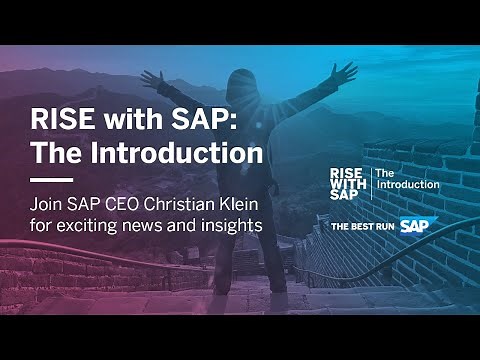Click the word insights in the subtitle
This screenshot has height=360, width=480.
coord(231,226)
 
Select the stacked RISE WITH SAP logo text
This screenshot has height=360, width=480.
coord(349,184)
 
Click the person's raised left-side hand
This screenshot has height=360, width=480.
coord(151,76)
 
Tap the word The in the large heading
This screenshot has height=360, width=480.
coord(56,155)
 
